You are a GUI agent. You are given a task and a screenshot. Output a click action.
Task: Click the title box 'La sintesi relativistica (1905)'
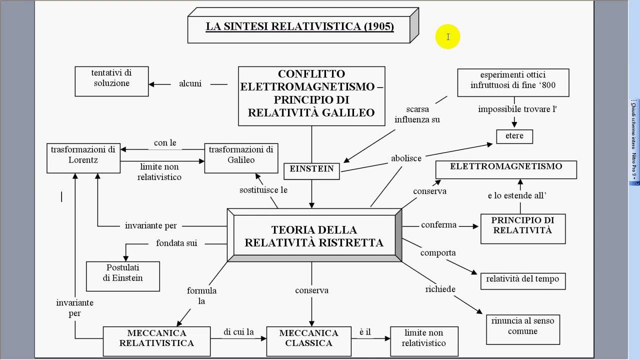click(299, 26)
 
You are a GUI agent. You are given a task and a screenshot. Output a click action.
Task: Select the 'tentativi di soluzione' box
click(111, 80)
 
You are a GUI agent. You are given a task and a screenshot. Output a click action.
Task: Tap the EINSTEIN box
click(311, 170)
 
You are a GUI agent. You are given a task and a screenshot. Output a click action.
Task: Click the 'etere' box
click(514, 136)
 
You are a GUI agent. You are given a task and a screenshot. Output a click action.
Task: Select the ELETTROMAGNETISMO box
click(506, 169)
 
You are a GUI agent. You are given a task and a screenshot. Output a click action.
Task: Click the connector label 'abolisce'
click(406, 158)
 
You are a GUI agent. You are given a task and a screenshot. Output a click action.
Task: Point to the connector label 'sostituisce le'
click(263, 190)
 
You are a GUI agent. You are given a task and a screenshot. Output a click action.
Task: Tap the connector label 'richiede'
click(440, 289)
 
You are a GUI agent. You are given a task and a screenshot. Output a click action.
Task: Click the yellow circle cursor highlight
click(447, 37)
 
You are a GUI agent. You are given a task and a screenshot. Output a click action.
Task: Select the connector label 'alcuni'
click(190, 83)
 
